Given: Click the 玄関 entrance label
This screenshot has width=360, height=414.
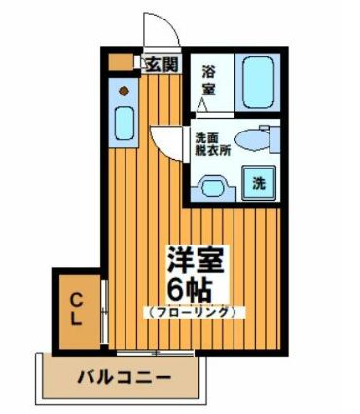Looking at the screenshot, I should click(x=162, y=66).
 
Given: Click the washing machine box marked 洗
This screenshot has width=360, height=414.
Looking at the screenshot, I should click(x=260, y=181).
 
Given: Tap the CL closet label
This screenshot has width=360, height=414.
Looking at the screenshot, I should click(x=77, y=306).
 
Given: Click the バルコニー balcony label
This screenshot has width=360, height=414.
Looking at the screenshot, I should click(x=125, y=376).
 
